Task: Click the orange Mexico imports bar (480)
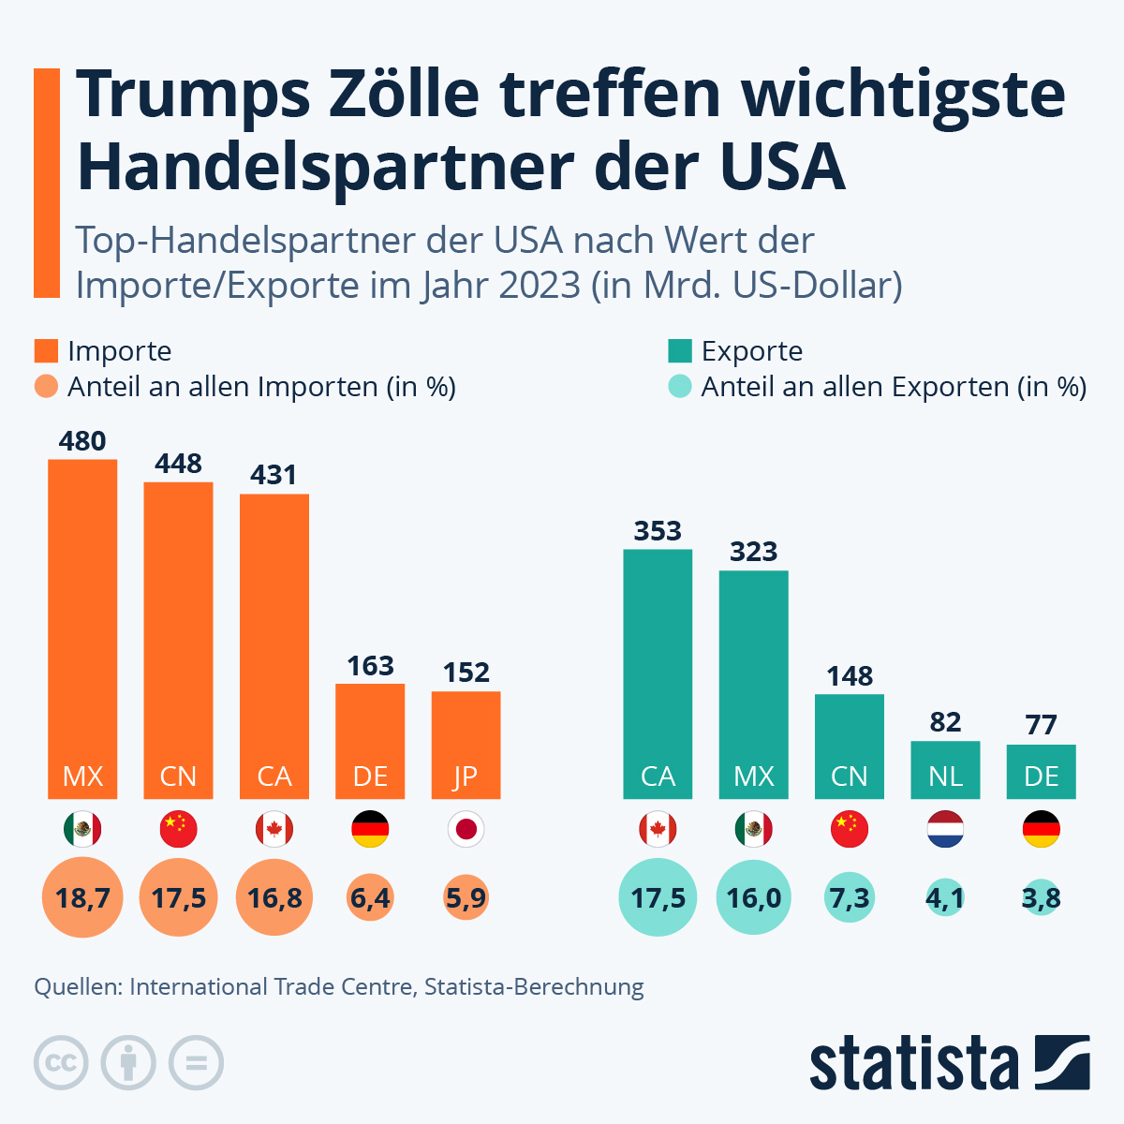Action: [x=82, y=628]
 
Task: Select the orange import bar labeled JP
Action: [x=466, y=745]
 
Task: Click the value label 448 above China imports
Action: [x=178, y=464]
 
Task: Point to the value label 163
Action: [x=370, y=666]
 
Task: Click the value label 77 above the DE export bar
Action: [x=1041, y=725]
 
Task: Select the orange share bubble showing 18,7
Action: [x=82, y=898]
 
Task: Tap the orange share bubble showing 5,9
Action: [x=466, y=898]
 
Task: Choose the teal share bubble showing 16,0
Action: [x=753, y=898]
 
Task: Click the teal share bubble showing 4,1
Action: [x=945, y=898]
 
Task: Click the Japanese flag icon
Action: [x=466, y=829]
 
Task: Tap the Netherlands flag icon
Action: [x=945, y=829]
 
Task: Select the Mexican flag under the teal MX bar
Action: [x=753, y=829]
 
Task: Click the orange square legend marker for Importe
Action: [x=46, y=351]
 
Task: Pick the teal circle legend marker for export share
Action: [x=679, y=387]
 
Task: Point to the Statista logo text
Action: [x=913, y=1063]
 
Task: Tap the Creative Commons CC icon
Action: [x=61, y=1063]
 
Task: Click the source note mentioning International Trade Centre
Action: [x=339, y=986]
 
